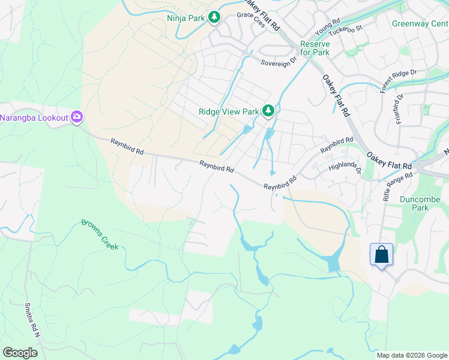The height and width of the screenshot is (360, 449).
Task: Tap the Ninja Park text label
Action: (x=186, y=18)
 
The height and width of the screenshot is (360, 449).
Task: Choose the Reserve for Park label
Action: (x=315, y=49)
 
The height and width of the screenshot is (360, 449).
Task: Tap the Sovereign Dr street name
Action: (x=279, y=61)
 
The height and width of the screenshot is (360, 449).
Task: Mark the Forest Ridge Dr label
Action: (x=398, y=80)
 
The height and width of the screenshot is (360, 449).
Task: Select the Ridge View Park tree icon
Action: (x=268, y=111)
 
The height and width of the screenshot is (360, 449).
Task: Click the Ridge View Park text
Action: (x=229, y=112)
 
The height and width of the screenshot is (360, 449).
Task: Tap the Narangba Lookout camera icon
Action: (x=76, y=117)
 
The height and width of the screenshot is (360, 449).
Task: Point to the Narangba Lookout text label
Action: (x=34, y=118)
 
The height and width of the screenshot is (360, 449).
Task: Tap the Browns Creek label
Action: (x=100, y=234)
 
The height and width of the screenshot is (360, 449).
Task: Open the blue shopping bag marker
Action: (x=381, y=255)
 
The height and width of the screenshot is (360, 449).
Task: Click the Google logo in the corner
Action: (x=20, y=352)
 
